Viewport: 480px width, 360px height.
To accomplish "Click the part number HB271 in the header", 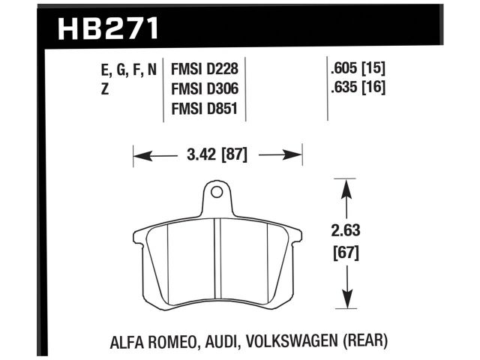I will pyautogui.click(x=108, y=28).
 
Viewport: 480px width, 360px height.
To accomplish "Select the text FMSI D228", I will pyautogui.click(x=205, y=70).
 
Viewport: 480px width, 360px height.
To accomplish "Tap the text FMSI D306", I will pyautogui.click(x=205, y=89).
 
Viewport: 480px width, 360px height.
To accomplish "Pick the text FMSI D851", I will pyautogui.click(x=205, y=109).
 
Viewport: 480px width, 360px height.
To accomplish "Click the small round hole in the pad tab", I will pyautogui.click(x=216, y=193).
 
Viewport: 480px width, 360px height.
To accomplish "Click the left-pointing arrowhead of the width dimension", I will pyautogui.click(x=139, y=156).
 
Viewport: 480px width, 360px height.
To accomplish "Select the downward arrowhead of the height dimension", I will pyautogui.click(x=345, y=301).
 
